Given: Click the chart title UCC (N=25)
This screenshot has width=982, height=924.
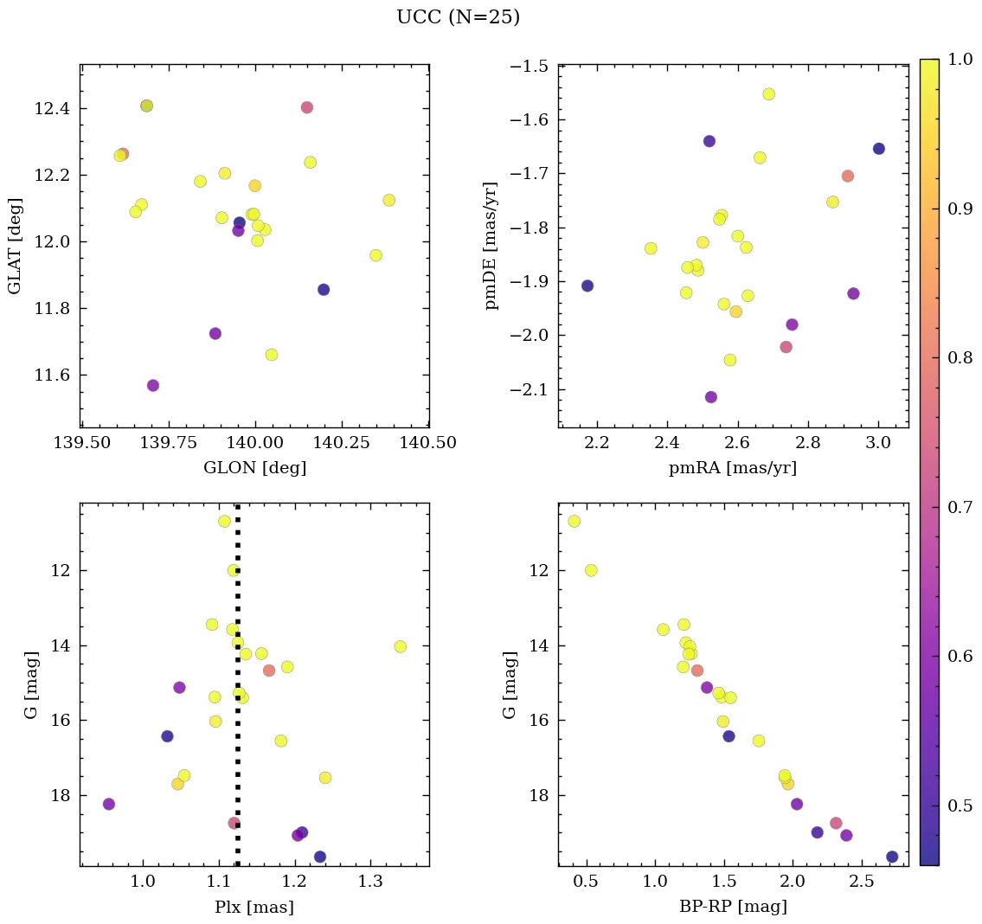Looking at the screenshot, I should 458,17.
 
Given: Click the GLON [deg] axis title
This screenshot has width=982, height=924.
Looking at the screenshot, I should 254,468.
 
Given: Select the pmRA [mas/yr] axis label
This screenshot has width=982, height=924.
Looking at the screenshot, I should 733,468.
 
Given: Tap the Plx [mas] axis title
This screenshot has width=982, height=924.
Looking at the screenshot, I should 254,907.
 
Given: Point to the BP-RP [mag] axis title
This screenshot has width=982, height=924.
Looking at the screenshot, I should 733,907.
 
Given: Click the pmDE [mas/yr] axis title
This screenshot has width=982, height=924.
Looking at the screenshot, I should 491,246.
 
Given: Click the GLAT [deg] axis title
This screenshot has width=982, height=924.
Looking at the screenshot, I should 15,246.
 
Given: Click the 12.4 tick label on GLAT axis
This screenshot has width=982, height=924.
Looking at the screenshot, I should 52,108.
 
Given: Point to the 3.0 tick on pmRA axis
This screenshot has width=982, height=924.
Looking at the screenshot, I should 878,443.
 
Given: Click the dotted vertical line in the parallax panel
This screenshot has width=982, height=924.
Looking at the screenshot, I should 237,735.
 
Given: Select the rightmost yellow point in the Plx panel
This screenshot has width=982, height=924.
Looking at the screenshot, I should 400,646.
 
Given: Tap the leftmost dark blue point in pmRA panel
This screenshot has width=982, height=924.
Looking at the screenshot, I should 587,286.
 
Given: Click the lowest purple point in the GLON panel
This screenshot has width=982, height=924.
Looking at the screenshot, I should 153,386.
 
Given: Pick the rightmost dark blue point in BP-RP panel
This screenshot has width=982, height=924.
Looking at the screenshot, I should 892,857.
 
